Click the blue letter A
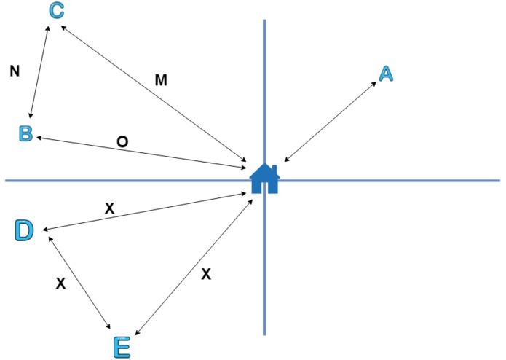click(387, 74)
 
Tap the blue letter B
click(26, 133)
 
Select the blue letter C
click(57, 11)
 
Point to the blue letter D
click(25, 230)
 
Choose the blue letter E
click(122, 348)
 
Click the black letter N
click(15, 71)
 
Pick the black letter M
click(161, 80)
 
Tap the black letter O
click(122, 141)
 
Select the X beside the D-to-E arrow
click(60, 283)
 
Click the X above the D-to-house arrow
click(110, 208)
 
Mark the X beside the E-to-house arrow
click(206, 274)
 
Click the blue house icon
click(264, 179)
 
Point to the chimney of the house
click(274, 169)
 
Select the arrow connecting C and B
click(39, 72)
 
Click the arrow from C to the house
click(154, 93)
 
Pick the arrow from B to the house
click(142, 152)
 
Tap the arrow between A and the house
click(330, 122)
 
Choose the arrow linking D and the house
click(145, 211)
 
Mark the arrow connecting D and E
click(79, 283)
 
